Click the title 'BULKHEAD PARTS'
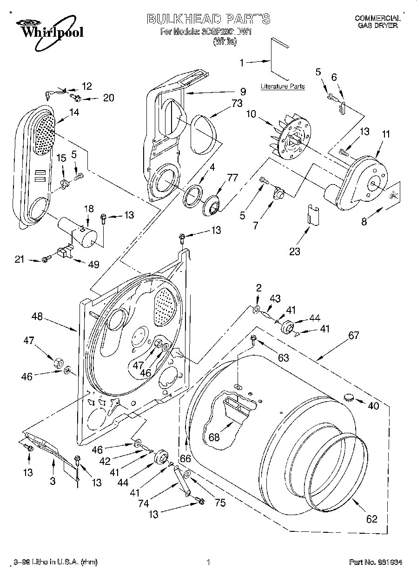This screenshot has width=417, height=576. click(208, 19)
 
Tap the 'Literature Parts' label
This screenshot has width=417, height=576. click(283, 86)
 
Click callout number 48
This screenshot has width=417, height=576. click(37, 317)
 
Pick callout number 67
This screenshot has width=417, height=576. click(355, 335)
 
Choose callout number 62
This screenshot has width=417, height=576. click(371, 519)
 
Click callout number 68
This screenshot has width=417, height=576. click(214, 437)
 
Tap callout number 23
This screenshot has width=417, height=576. click(294, 252)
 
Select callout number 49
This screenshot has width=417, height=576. click(94, 264)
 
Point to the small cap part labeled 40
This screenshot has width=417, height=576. click(348, 397)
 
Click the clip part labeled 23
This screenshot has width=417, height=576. click(311, 215)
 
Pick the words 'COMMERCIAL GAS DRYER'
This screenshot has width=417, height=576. click(377, 22)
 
